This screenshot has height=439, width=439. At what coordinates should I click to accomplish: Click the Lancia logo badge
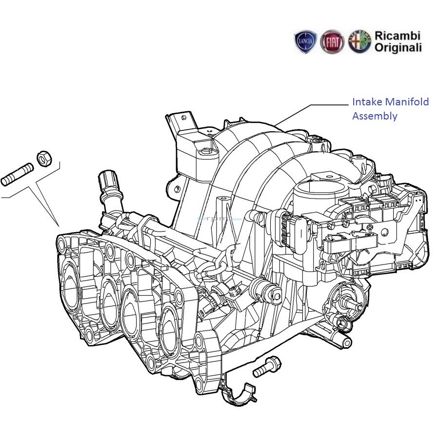click(306, 42)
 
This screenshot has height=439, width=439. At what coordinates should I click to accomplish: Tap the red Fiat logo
click(332, 42)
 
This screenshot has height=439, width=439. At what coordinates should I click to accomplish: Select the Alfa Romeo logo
click(359, 42)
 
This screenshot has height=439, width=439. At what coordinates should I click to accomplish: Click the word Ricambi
click(397, 36)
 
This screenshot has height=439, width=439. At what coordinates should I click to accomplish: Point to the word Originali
click(398, 48)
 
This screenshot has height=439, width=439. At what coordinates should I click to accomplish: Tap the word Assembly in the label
click(375, 116)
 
